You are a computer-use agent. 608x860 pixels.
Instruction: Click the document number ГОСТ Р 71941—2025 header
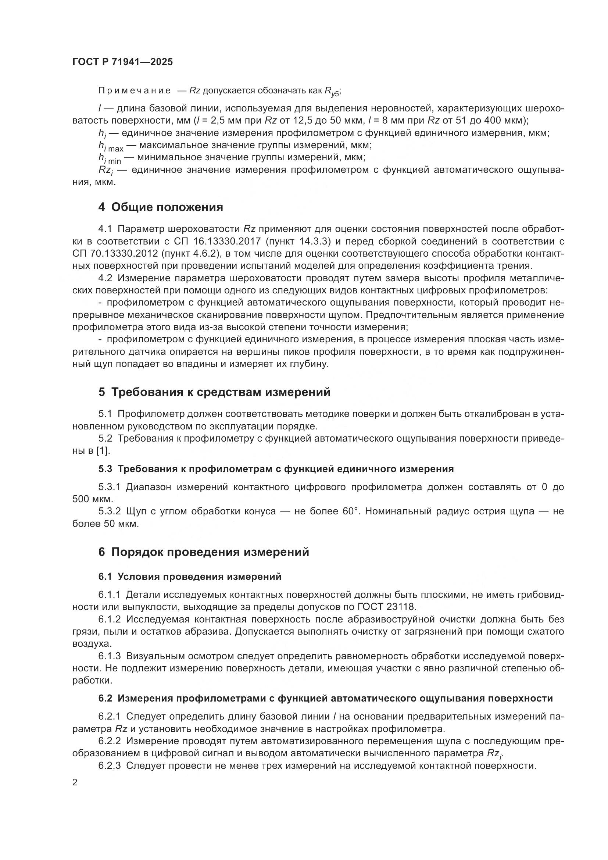[122, 62]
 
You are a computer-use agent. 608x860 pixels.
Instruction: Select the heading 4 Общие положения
[161, 207]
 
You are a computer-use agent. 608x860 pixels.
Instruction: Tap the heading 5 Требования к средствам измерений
[215, 392]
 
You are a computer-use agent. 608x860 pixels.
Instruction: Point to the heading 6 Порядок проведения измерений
[204, 552]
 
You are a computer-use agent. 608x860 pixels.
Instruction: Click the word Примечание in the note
[135, 91]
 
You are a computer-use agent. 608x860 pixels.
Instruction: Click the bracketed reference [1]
[103, 451]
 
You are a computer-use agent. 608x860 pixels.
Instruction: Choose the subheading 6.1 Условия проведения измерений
[190, 577]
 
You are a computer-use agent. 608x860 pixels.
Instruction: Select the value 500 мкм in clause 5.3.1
[92, 499]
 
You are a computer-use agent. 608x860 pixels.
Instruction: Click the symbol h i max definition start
[110, 146]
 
